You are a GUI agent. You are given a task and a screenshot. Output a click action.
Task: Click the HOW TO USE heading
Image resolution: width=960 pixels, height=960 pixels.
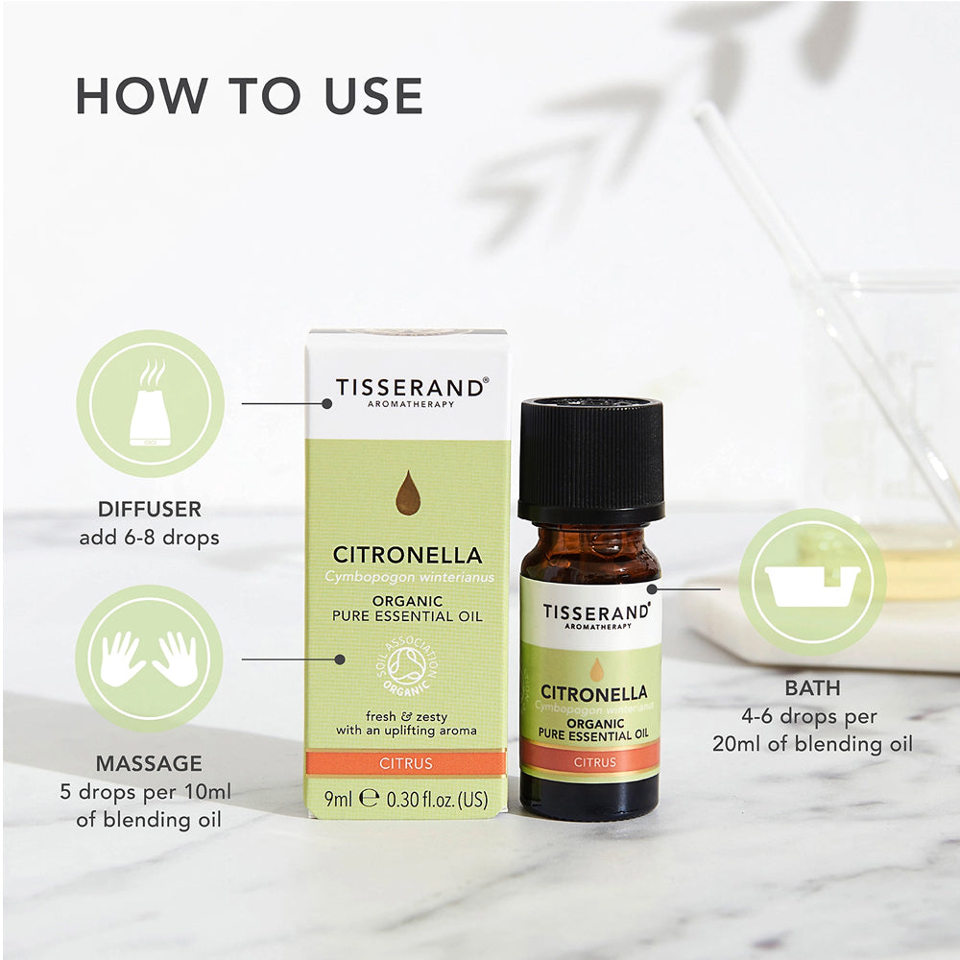[249, 95]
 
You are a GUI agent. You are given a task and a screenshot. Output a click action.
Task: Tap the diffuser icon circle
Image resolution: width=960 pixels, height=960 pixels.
[150, 403]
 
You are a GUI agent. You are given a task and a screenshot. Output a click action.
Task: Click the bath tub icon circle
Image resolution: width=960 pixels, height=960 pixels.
[812, 583]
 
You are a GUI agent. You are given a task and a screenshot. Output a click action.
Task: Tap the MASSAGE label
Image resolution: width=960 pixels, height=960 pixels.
[149, 764]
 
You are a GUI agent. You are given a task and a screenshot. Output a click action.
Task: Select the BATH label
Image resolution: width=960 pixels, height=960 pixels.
[812, 688]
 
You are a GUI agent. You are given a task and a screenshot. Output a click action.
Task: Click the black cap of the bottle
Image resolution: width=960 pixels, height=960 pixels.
[590, 461]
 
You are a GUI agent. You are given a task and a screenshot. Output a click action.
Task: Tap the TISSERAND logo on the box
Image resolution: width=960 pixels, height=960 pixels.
[410, 389]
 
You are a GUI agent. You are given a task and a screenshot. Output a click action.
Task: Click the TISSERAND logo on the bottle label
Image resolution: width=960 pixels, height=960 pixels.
[595, 612]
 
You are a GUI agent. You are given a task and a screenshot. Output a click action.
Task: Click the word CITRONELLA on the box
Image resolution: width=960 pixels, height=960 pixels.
[407, 555]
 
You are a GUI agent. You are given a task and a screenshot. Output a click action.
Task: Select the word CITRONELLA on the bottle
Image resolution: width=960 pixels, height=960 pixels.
[592, 692]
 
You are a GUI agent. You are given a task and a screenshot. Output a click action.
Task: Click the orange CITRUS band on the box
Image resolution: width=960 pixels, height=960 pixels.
[407, 764]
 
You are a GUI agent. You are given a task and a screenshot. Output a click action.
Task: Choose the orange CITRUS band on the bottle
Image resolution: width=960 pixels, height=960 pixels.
[592, 762]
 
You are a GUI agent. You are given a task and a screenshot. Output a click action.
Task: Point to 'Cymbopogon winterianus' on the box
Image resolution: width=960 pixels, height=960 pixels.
[407, 576]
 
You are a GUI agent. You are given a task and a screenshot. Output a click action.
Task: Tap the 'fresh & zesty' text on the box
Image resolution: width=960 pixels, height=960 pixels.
[406, 715]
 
